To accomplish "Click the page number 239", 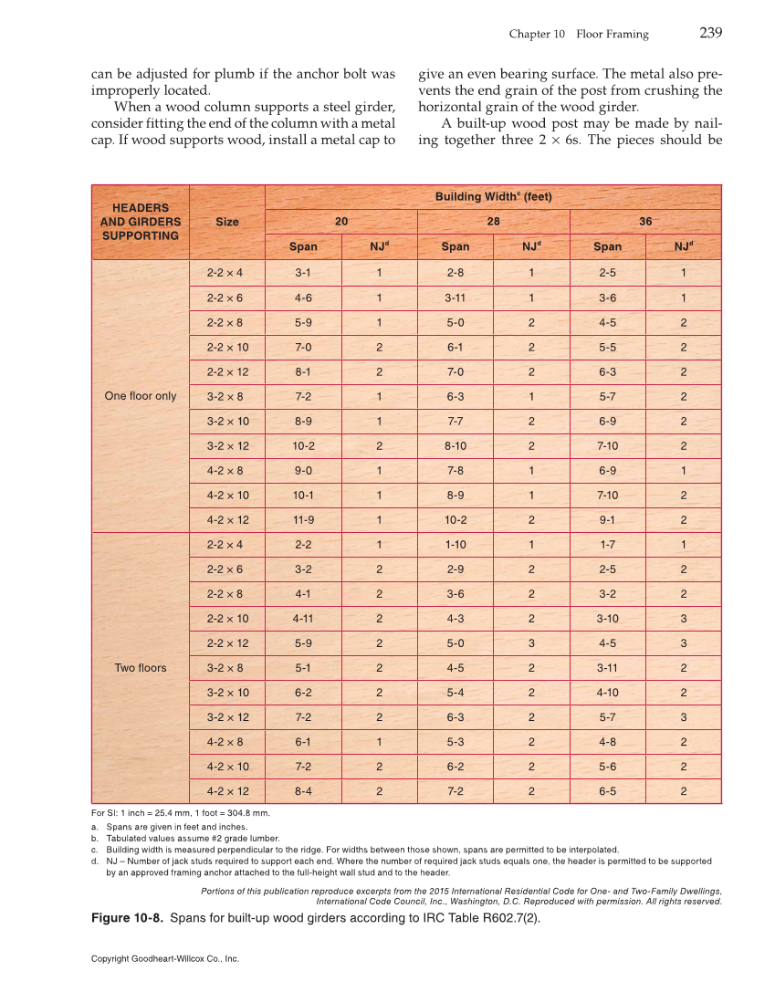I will [710, 34].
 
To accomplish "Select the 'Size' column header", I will [227, 222].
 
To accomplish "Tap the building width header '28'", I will [493, 222].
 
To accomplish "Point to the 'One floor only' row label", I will [141, 396].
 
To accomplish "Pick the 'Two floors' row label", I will [141, 668].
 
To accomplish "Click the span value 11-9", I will [303, 520].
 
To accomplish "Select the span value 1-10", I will [456, 545].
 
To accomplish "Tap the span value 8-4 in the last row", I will [303, 791].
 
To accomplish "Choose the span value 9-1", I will [607, 520].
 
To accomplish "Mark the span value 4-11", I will [303, 619].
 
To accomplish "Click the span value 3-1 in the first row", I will [303, 273].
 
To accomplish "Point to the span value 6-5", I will [607, 791].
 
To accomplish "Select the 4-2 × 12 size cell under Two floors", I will [227, 791].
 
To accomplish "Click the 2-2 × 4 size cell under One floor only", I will [227, 273].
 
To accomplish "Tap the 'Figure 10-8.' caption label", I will [129, 918].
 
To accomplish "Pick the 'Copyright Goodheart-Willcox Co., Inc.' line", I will [165, 959].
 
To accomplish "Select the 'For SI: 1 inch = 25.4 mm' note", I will [181, 812].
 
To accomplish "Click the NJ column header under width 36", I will [683, 246].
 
